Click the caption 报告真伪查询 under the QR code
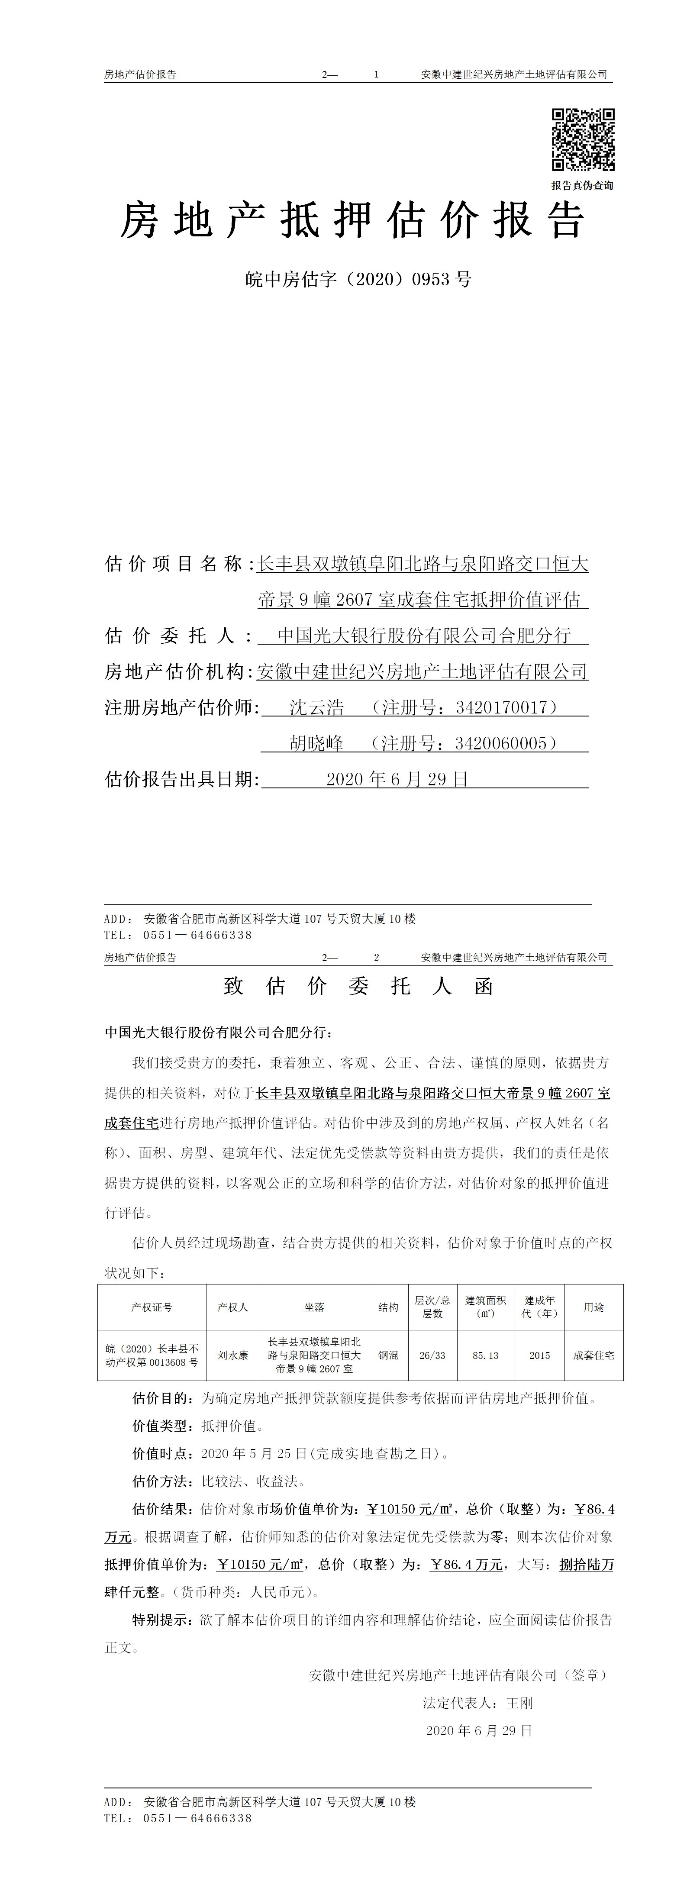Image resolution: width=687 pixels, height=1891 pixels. pyautogui.click(x=582, y=186)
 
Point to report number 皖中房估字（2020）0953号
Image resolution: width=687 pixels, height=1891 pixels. pyautogui.click(x=358, y=279)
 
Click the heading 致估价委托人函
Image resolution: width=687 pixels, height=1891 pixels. pyautogui.click(x=358, y=986)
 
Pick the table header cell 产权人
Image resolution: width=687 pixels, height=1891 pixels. pyautogui.click(x=232, y=1307)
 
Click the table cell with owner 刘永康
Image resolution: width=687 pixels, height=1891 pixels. pyautogui.click(x=232, y=1355)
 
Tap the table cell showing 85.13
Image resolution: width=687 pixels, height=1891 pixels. pyautogui.click(x=485, y=1355)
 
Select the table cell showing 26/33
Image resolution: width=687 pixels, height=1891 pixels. pyautogui.click(x=432, y=1355)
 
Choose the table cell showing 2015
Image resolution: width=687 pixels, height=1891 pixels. pyautogui.click(x=539, y=1355)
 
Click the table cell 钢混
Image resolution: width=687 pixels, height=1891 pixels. pyautogui.click(x=388, y=1355)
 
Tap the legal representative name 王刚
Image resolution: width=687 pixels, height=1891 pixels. pyautogui.click(x=519, y=1702)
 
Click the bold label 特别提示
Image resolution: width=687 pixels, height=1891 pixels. pyautogui.click(x=162, y=1620)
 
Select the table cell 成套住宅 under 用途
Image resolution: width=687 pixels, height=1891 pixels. pyautogui.click(x=594, y=1355)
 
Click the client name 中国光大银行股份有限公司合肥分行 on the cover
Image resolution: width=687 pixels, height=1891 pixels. pyautogui.click(x=423, y=635)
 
